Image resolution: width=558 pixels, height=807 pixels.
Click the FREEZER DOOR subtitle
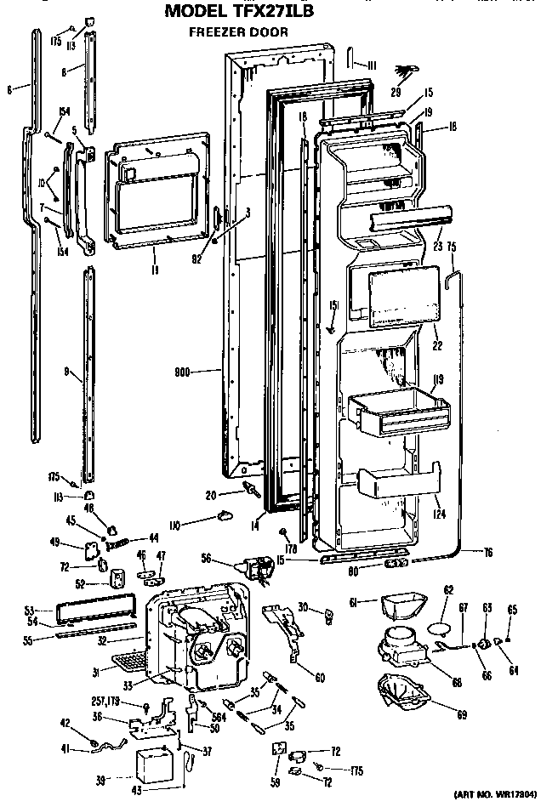[x=237, y=32]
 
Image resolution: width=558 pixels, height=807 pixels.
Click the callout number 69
[x=461, y=714]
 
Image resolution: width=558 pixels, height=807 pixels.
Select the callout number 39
[x=126, y=778]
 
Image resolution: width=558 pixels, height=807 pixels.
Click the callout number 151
[x=333, y=306]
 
